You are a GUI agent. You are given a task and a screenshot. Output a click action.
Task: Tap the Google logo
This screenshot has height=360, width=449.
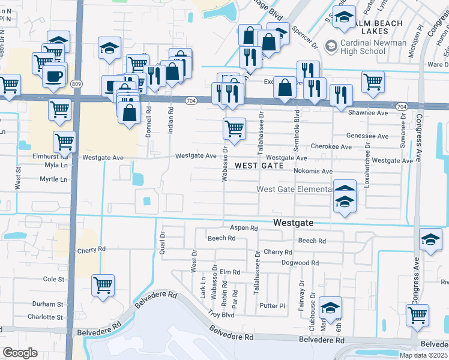20,353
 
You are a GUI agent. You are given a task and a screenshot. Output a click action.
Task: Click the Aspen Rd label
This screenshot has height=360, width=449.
244,228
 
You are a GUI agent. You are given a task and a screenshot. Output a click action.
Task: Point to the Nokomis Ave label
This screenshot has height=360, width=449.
313,171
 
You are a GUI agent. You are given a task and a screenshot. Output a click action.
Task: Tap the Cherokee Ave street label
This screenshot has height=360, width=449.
331,146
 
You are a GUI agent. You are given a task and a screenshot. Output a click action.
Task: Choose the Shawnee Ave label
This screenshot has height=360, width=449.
367,112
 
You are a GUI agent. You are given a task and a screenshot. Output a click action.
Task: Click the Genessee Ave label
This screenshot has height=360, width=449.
368,136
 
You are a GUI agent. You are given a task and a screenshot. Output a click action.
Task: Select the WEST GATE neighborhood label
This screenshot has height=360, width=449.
259,165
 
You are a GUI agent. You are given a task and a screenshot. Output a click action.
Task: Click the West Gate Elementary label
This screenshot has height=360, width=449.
294,189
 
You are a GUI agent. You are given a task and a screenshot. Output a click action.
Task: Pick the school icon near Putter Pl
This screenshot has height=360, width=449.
330,307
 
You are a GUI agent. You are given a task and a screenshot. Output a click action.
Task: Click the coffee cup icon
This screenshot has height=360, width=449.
55,76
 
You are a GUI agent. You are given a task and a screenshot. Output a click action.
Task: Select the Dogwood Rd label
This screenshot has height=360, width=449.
300,263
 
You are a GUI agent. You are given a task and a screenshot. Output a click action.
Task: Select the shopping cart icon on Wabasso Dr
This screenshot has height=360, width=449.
234,128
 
